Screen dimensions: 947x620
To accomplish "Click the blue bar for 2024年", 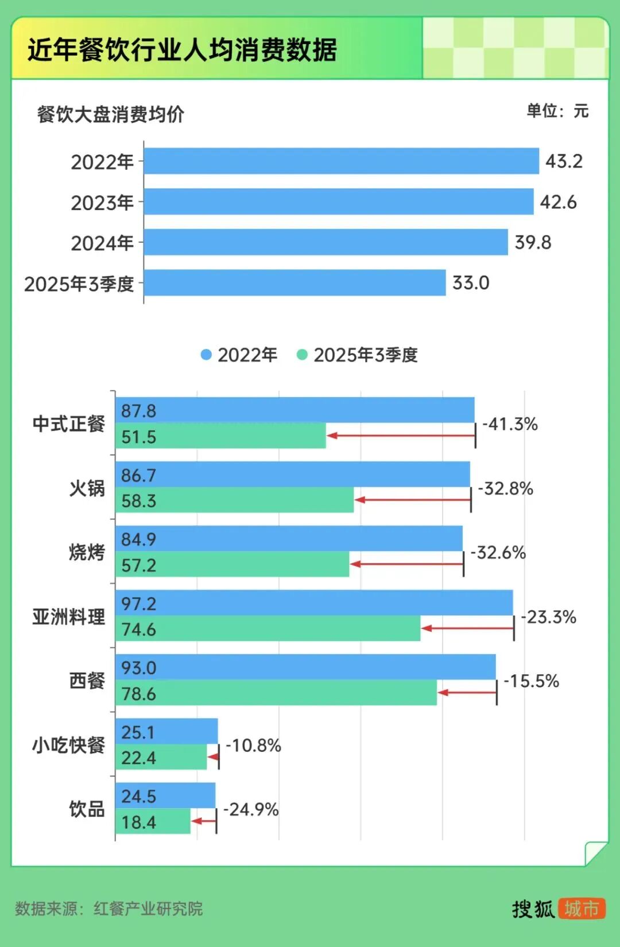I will pos(325,242).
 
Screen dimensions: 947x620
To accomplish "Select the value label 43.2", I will pos(564,161).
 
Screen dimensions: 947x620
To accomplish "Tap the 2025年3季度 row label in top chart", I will pos(79,284).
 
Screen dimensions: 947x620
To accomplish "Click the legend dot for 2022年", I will pos(206,355).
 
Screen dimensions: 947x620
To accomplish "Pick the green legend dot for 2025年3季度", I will pos(302,355).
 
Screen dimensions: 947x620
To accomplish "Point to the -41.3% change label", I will pos(510,424).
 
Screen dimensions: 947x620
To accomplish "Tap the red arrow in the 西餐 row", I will pos(467,693).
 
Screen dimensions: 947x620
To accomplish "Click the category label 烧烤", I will pos(87,552).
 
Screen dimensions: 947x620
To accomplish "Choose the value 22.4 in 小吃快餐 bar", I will pos(138,758).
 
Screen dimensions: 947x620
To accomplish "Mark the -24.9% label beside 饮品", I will pos(251,809).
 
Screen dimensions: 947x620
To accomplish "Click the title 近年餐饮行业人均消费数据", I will pos(182,50).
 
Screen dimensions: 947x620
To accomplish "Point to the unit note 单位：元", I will pos(557,111).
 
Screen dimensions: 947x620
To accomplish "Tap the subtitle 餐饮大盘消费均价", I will pos(110,114).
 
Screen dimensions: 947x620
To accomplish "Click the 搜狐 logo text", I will pos(533,909).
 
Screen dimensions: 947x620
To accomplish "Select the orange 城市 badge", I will pos(582,909).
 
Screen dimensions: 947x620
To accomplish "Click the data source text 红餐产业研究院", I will pos(148,909).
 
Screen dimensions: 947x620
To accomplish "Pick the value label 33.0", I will pos(471,283).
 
